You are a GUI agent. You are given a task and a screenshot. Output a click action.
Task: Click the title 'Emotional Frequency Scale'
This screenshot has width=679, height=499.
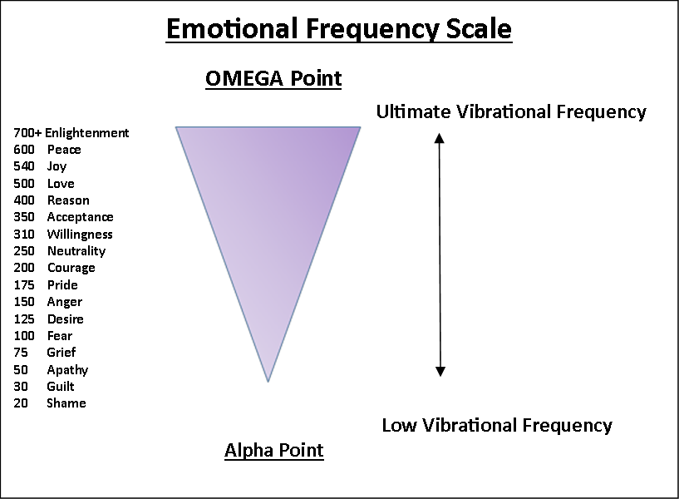click(x=339, y=29)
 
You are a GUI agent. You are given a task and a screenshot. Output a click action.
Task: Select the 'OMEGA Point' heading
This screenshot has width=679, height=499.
click(x=273, y=78)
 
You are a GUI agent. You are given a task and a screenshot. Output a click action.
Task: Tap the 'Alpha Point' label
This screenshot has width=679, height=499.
click(x=273, y=451)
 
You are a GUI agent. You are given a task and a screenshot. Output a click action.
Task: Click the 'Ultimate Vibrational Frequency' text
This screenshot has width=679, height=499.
click(x=511, y=111)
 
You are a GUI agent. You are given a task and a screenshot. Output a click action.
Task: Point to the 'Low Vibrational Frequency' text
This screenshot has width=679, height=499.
click(x=497, y=425)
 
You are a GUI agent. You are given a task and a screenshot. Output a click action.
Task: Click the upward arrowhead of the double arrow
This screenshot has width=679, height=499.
click(x=440, y=138)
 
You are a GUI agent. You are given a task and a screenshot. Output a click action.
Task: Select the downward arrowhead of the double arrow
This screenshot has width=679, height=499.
click(x=440, y=371)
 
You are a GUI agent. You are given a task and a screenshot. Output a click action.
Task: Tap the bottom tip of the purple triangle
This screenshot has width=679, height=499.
click(x=268, y=382)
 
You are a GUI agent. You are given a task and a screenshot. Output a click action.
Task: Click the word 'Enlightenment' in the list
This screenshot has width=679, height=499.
click(x=87, y=132)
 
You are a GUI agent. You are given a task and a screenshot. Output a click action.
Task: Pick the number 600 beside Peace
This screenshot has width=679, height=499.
click(x=24, y=150)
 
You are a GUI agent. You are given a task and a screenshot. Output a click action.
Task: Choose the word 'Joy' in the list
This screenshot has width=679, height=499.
click(x=57, y=167)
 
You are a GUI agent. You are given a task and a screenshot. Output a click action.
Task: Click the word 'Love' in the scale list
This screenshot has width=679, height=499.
click(x=61, y=184)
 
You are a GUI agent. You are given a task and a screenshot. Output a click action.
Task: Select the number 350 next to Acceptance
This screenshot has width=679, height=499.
click(x=24, y=217)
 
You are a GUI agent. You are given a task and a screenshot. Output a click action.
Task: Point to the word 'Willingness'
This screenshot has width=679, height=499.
click(x=80, y=235)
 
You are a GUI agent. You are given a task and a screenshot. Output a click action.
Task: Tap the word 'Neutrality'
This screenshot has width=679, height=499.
click(x=76, y=251)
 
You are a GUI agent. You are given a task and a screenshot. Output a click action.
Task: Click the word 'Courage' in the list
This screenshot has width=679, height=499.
click(x=71, y=268)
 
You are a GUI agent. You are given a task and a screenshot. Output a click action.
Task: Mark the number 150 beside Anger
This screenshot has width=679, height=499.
click(x=24, y=301)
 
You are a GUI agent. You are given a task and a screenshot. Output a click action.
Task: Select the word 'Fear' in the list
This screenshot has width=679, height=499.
click(x=60, y=336)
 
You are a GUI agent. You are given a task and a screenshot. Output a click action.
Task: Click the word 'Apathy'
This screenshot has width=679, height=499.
click(x=67, y=370)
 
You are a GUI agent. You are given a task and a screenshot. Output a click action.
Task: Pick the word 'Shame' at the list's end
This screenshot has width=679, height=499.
click(x=66, y=403)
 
